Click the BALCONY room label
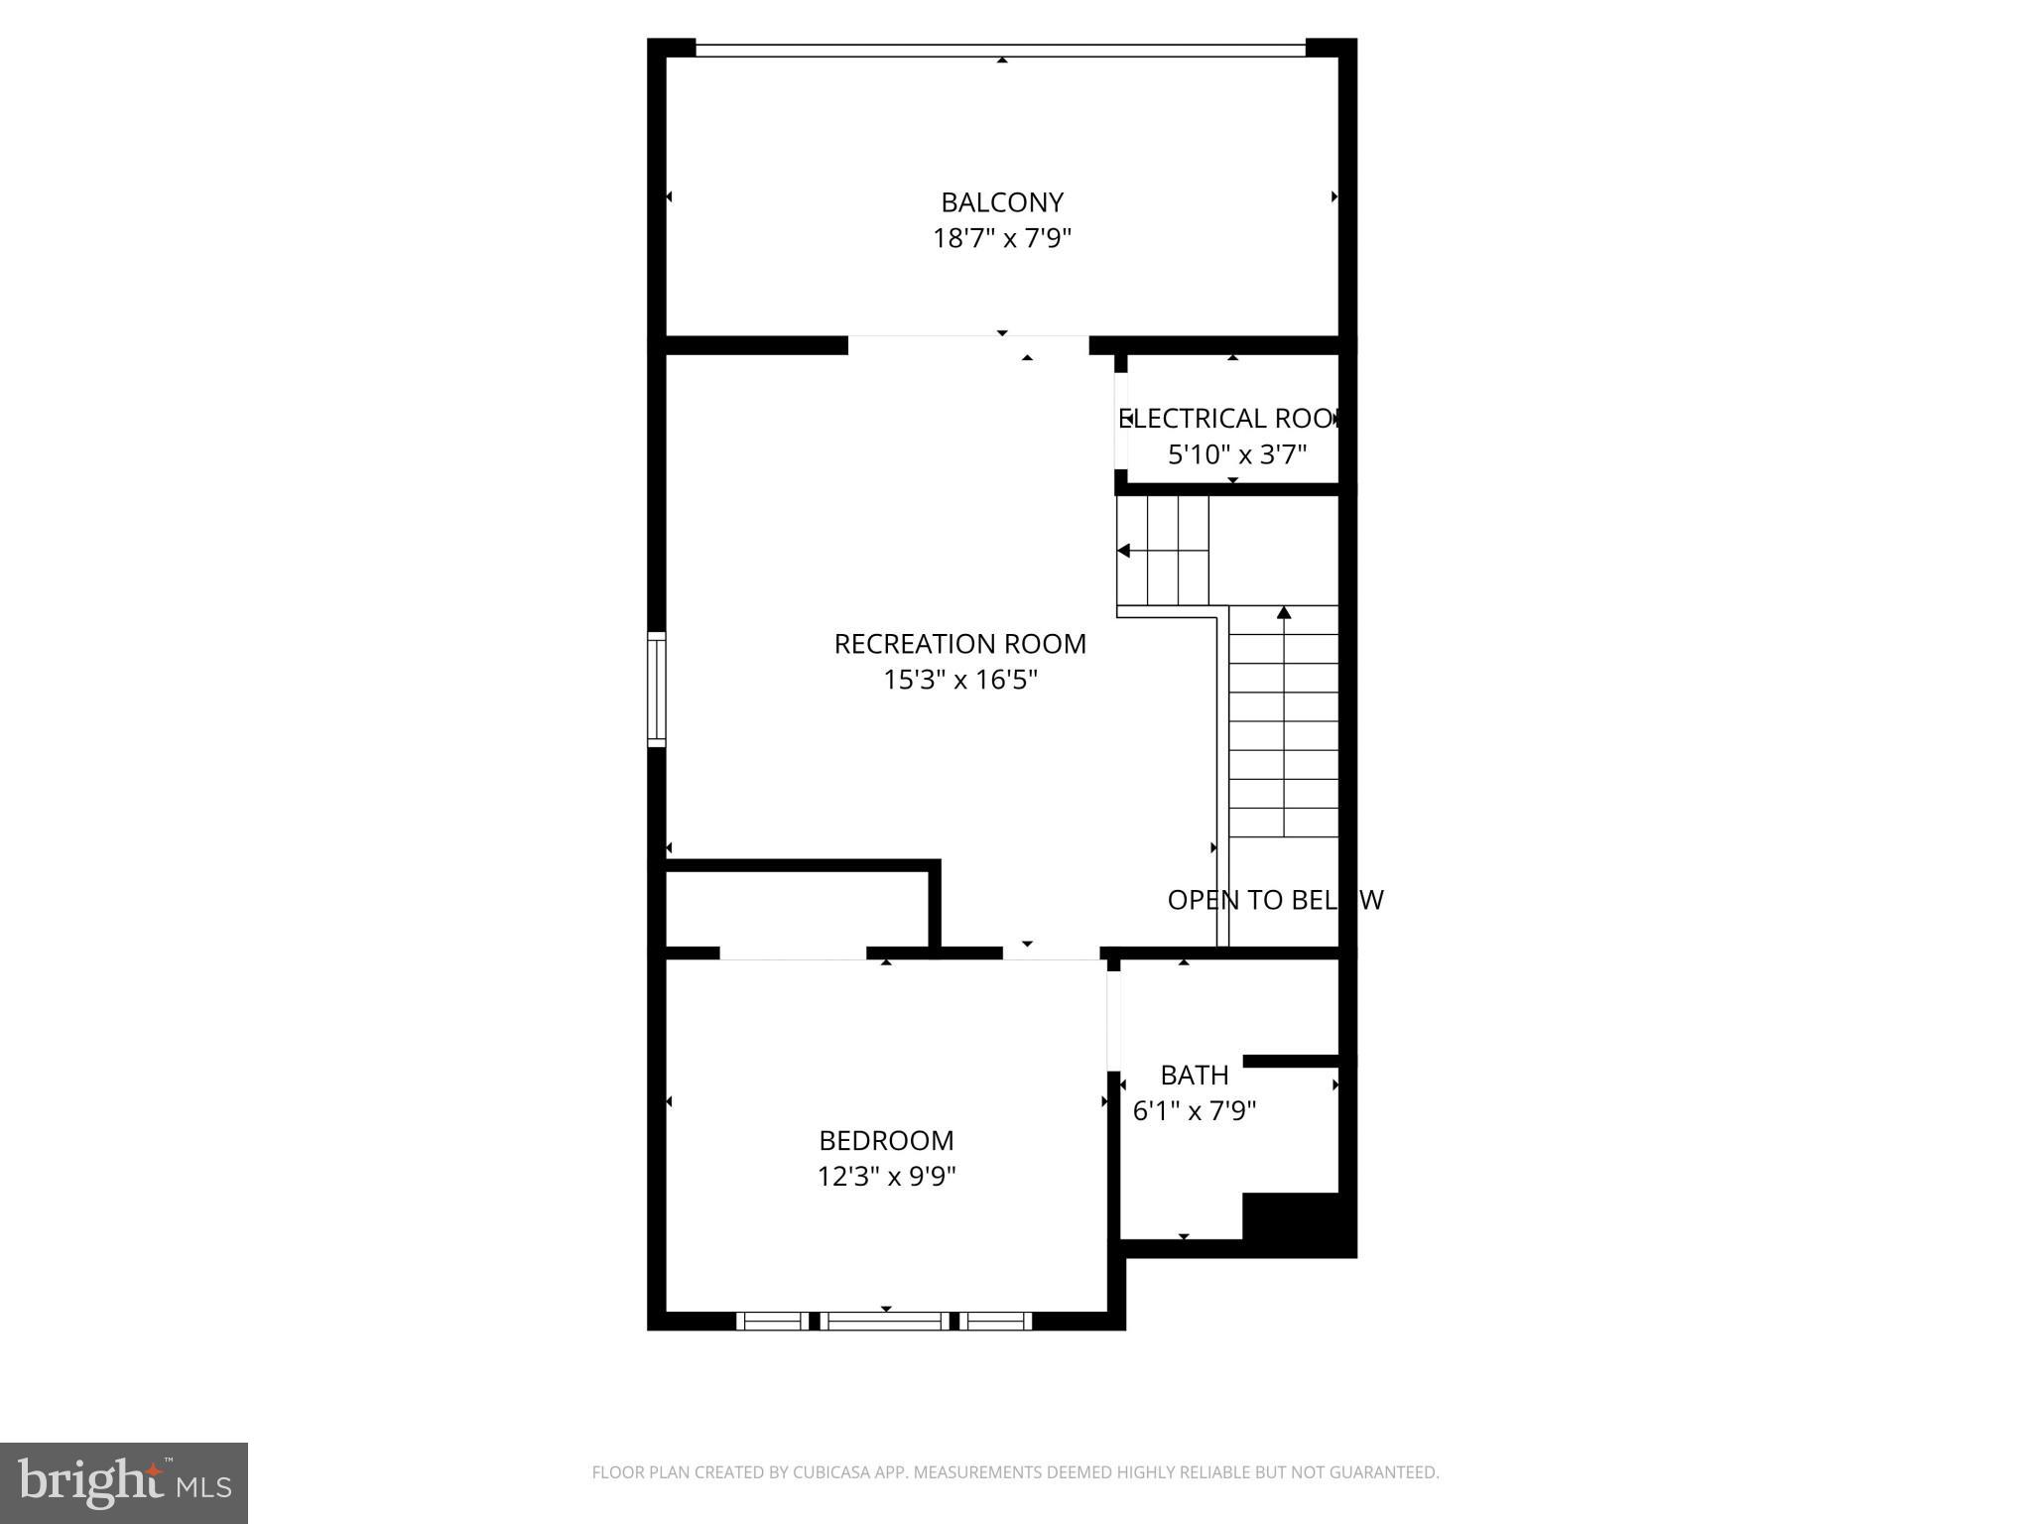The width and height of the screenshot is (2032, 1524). tap(1001, 202)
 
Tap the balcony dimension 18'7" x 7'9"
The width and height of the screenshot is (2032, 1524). tap(1001, 239)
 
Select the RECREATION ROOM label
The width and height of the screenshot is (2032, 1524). tap(959, 644)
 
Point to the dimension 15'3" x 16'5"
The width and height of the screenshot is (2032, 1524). tap(959, 681)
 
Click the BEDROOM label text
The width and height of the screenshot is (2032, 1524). tap(886, 1140)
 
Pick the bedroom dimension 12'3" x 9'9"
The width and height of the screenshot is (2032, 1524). tap(886, 1177)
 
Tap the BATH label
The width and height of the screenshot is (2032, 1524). tap(1194, 1075)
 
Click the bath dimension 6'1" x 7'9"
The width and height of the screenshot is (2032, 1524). tap(1194, 1110)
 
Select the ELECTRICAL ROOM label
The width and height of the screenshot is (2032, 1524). tap(1230, 419)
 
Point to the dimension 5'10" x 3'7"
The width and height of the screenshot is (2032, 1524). tap(1236, 454)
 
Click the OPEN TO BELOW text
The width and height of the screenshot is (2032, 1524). tap(1274, 900)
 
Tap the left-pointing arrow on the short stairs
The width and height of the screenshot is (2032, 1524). tap(1124, 551)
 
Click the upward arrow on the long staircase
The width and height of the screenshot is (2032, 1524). tap(1284, 613)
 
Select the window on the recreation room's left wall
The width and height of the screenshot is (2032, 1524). tap(656, 689)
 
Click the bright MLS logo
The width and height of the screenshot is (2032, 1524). tap(124, 1482)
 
